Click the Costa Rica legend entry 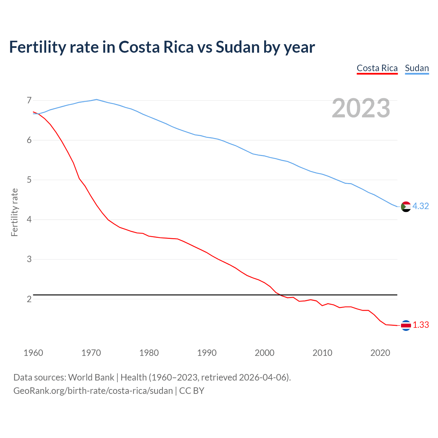[x=377, y=68]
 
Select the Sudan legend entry [x=417, y=68]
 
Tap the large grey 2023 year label [x=361, y=108]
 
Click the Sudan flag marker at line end [x=405, y=207]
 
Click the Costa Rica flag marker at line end [x=405, y=325]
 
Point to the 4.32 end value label [x=421, y=206]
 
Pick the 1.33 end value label [x=421, y=325]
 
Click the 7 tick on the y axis [x=29, y=100]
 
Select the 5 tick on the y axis [x=29, y=180]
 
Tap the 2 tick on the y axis [x=29, y=299]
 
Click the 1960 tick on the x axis [x=33, y=353]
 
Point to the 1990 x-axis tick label [x=207, y=353]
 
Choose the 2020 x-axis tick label [x=380, y=353]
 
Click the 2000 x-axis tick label [x=265, y=353]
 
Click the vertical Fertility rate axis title [x=14, y=212]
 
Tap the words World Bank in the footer [x=91, y=377]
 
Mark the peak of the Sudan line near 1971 [x=96, y=100]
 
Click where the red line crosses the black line [x=279, y=295]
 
